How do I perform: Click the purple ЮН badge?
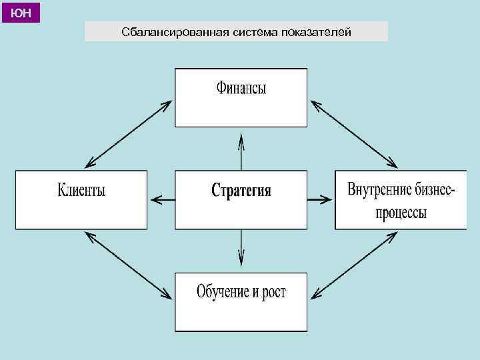pos(21,12)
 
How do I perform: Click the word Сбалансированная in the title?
pos(176,32)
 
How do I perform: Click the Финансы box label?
pos(241,88)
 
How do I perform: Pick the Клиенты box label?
pos(81,190)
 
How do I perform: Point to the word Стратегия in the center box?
pos(241,191)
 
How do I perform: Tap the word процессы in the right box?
pos(401,213)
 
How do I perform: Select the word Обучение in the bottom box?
pos(225,291)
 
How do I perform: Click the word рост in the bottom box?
pos(272,292)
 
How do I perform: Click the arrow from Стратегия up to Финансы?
pos(241,151)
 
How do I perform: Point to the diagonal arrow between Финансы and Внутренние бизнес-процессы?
pos(354,133)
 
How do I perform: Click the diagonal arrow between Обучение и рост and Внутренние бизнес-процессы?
pos(354,264)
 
